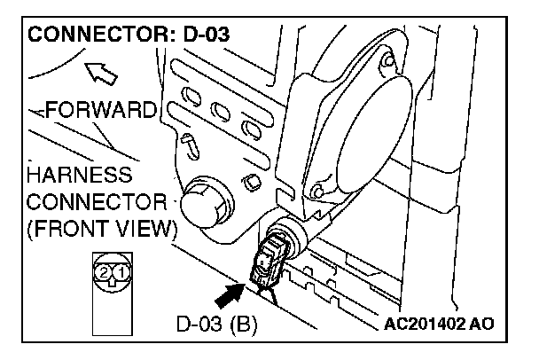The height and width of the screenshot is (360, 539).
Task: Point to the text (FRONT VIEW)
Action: point(98,229)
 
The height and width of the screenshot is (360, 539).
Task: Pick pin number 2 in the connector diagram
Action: point(105,270)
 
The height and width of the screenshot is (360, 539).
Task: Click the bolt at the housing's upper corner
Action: point(387,61)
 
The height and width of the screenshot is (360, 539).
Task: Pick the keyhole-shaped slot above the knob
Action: point(189,145)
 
